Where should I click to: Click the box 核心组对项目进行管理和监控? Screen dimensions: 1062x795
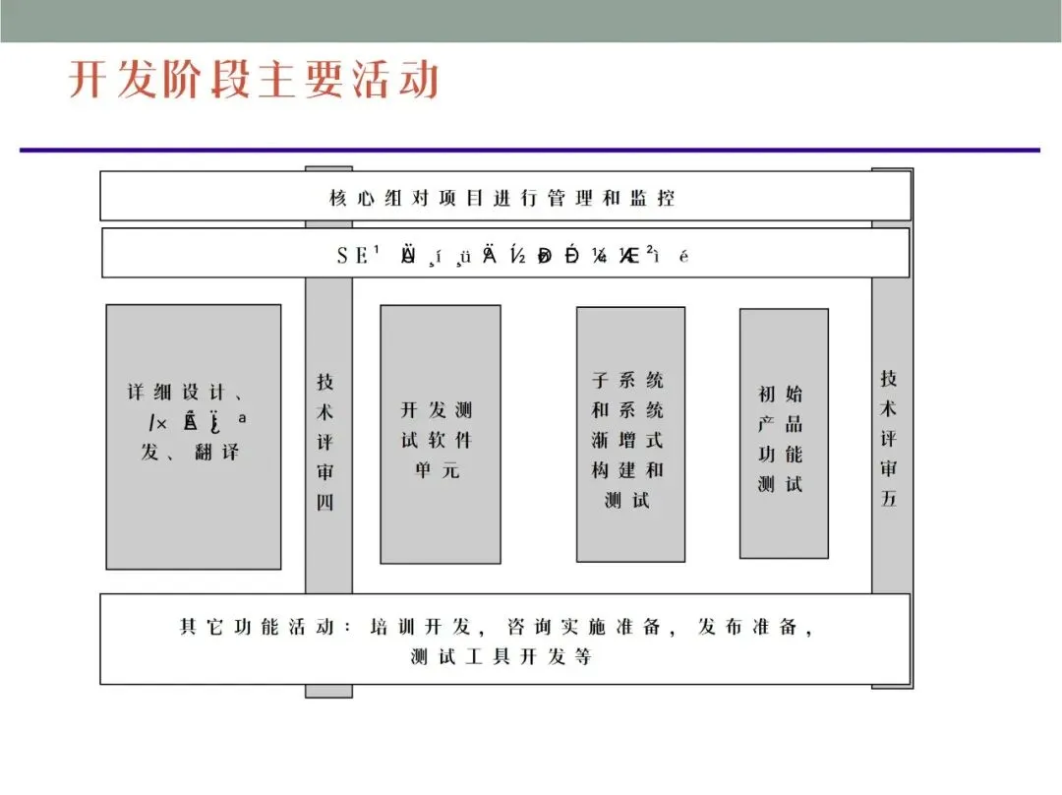tap(502, 198)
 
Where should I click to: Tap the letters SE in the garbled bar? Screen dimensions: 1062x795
tap(352, 256)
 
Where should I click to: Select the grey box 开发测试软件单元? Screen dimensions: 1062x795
tap(440, 434)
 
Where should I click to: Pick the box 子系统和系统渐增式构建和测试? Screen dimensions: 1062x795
tap(629, 434)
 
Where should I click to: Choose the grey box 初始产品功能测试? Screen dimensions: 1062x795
tap(783, 434)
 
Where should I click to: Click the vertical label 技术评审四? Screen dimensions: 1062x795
tap(326, 442)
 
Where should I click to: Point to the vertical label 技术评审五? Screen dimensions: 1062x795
tap(889, 438)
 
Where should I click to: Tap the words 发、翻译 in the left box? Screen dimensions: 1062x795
tap(192, 453)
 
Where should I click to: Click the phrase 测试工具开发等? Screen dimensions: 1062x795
tap(501, 656)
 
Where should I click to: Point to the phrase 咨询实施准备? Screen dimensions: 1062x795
tap(584, 627)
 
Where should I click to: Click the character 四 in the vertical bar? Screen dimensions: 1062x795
tap(326, 502)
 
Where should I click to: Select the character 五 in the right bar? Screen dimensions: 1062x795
tap(889, 498)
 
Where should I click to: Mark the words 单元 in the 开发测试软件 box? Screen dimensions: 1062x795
tap(438, 470)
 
